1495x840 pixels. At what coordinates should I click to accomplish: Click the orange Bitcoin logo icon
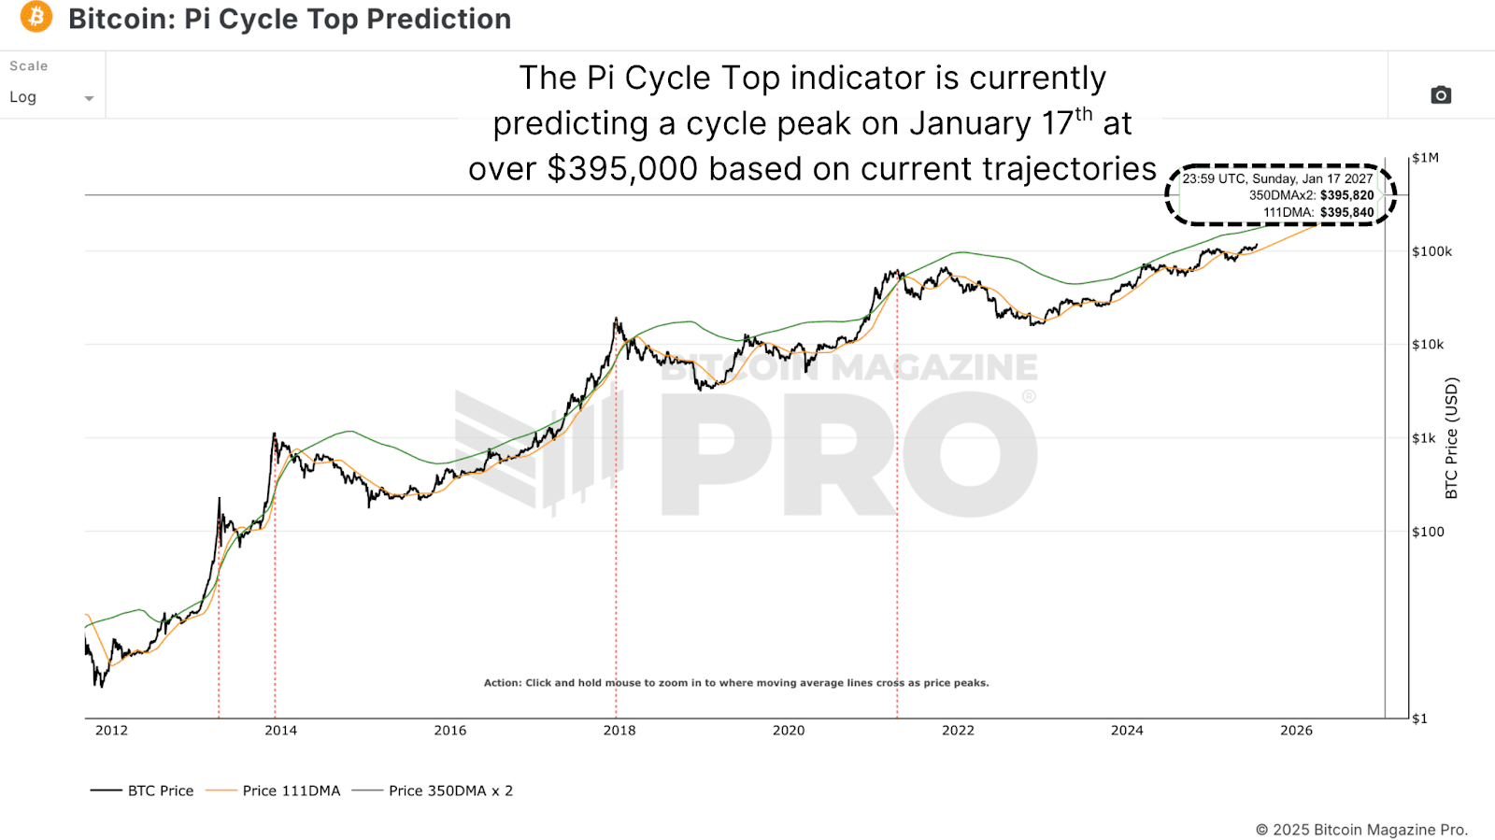click(x=36, y=17)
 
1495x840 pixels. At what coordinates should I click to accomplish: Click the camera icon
click(x=1441, y=95)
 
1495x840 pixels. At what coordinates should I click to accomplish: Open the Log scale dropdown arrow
click(x=89, y=98)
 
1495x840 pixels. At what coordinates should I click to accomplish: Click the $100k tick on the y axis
click(x=1431, y=251)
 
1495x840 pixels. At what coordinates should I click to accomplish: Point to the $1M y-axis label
click(x=1425, y=158)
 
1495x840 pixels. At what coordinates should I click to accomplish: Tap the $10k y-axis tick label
click(x=1428, y=345)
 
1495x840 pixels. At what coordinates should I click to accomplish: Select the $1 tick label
click(x=1419, y=719)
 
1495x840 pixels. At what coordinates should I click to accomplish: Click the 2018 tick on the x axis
click(x=619, y=731)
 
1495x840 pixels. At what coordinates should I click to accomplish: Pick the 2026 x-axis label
click(x=1296, y=731)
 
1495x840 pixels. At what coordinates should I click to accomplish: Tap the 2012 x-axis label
click(x=111, y=731)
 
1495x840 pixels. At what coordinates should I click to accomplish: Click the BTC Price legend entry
click(x=160, y=790)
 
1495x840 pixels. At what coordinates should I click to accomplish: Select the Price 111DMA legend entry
click(x=291, y=790)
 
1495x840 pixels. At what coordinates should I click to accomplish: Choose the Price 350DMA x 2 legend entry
click(x=450, y=790)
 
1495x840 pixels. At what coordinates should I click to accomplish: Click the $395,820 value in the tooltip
click(x=1346, y=195)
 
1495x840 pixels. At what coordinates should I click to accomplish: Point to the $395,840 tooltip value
click(x=1346, y=212)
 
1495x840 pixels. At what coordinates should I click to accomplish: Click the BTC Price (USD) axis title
click(x=1451, y=437)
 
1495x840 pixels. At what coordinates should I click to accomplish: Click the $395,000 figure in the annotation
click(x=622, y=169)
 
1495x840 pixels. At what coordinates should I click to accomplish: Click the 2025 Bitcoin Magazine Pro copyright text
click(x=1361, y=830)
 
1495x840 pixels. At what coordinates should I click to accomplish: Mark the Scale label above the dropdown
click(x=28, y=66)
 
